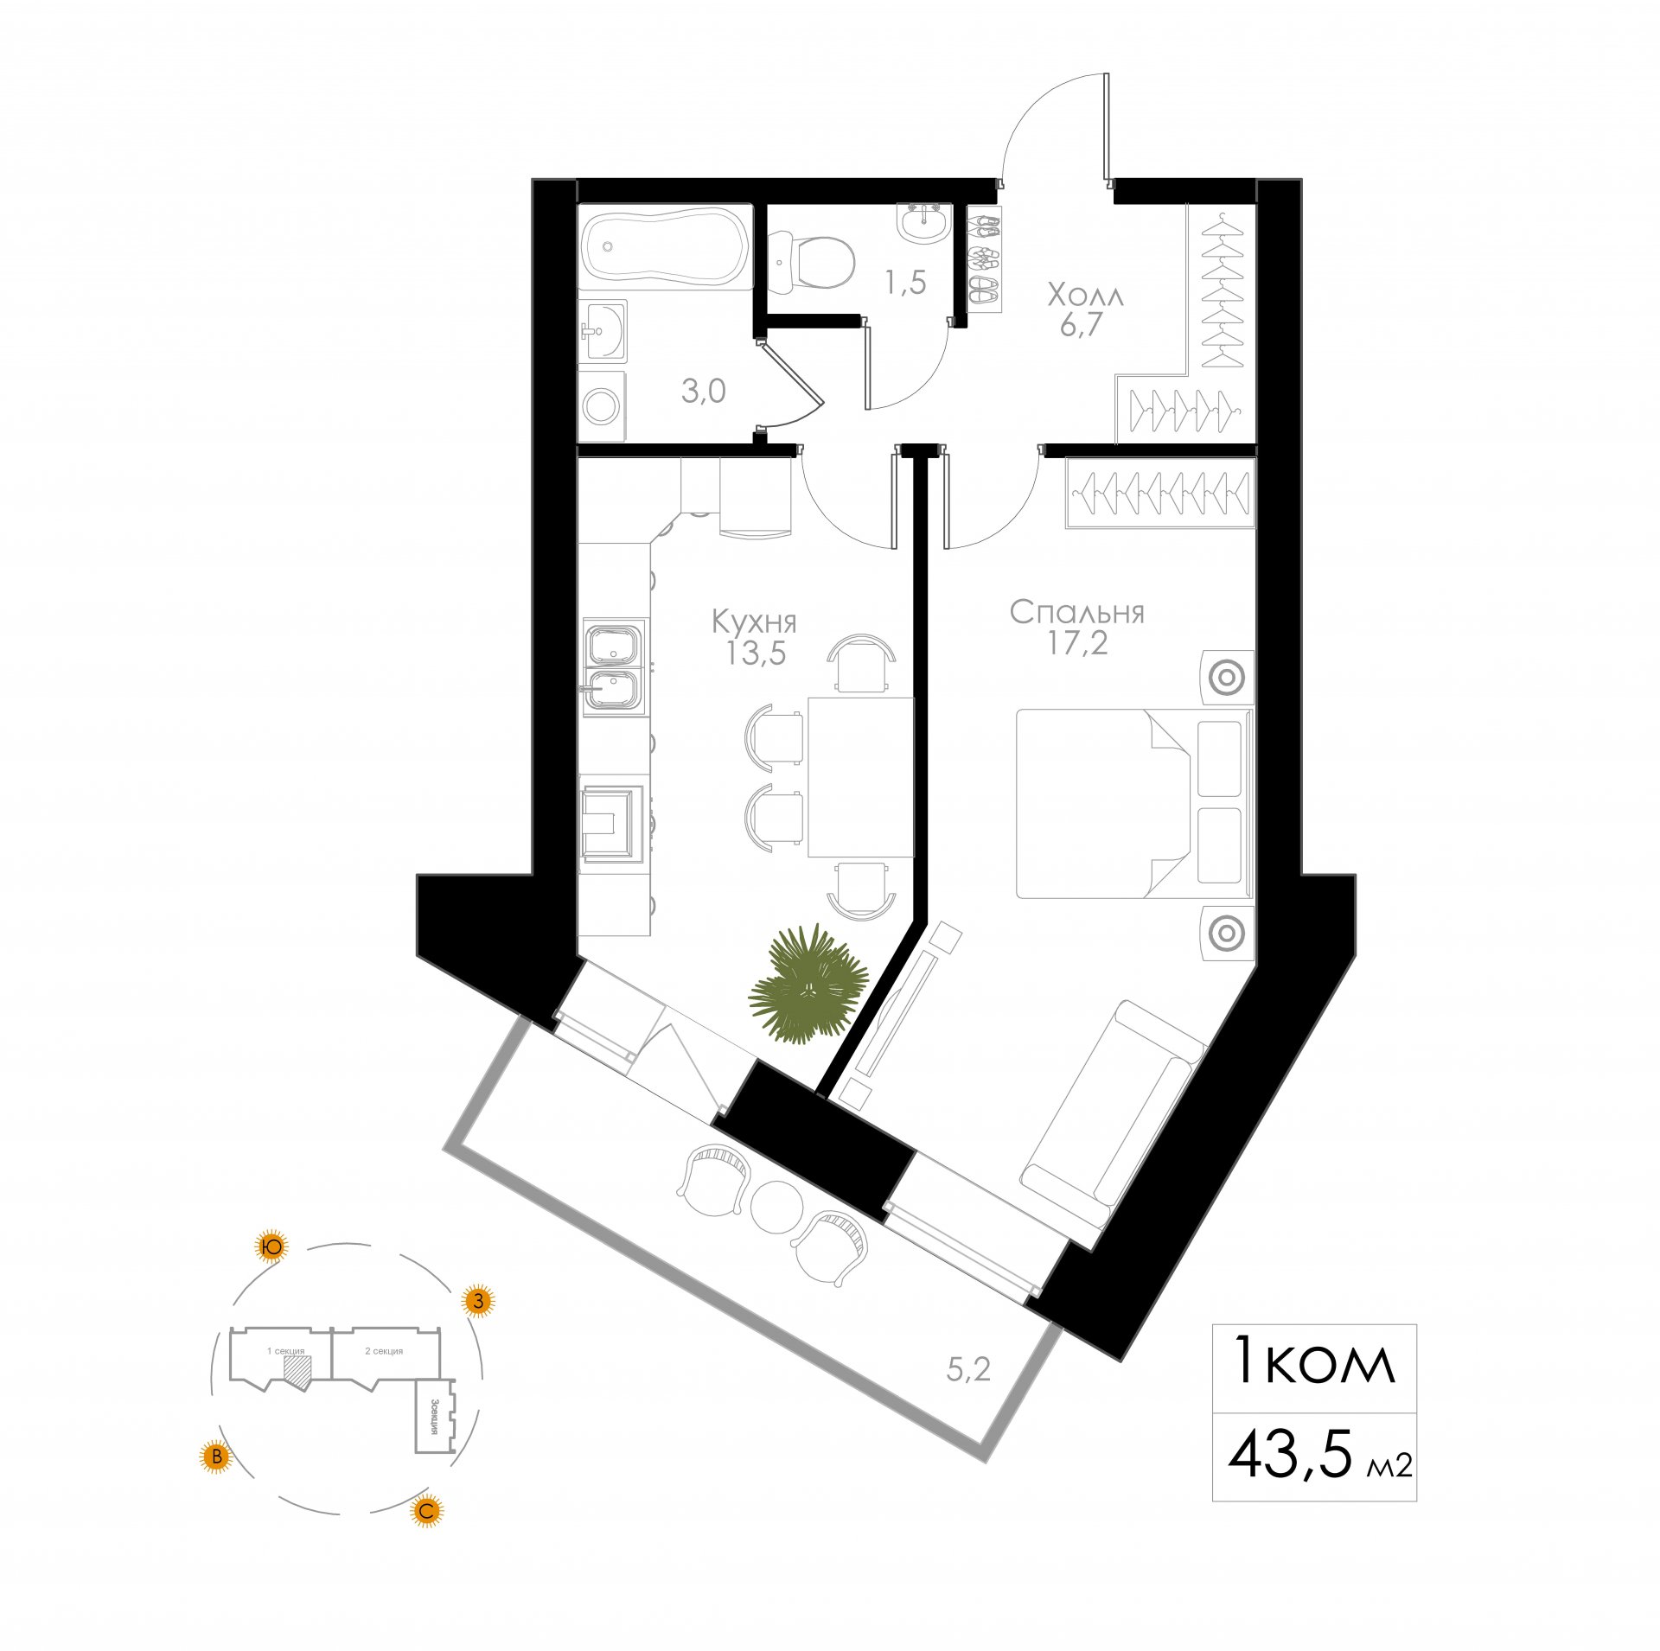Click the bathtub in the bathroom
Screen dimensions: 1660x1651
coord(664,246)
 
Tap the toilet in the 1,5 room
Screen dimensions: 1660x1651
coord(810,262)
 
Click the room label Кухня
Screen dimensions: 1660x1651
coord(754,622)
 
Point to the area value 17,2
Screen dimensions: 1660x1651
coord(1077,643)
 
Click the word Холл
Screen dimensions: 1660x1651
coord(1086,296)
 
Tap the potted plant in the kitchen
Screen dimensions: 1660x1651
coord(808,984)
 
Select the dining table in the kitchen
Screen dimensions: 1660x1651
coord(860,776)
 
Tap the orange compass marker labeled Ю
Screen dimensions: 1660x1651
coord(271,1246)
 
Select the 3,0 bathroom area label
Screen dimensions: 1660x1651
coord(703,392)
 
